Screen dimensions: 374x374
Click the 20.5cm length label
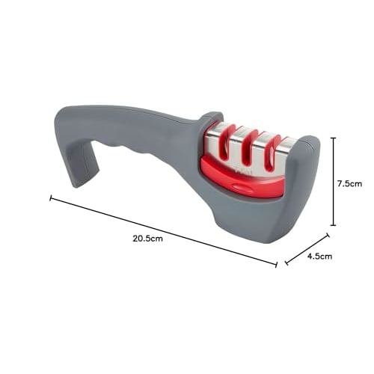[147, 239]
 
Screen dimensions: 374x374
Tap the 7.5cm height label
[350, 183]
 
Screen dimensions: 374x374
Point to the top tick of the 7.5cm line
[333, 138]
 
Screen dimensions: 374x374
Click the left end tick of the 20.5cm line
[51, 198]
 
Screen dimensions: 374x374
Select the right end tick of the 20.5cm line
[277, 263]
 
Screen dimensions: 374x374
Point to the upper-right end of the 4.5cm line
[327, 236]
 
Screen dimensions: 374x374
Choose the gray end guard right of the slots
[303, 180]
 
